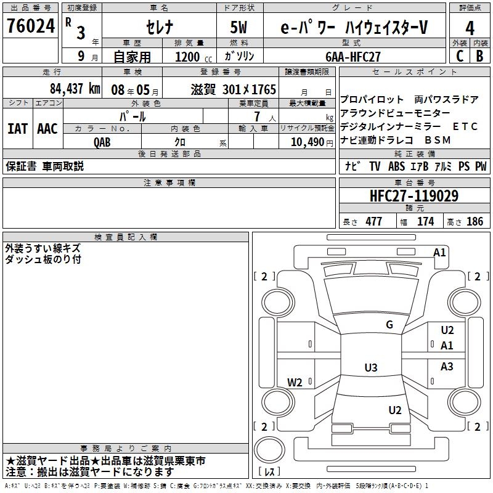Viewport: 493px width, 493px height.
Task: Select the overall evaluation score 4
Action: [470, 28]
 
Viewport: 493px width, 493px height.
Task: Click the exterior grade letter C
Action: [459, 55]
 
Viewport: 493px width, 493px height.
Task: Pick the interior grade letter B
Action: [480, 55]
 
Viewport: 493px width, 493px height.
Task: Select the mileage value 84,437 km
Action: [75, 89]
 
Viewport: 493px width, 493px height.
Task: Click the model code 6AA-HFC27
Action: [353, 56]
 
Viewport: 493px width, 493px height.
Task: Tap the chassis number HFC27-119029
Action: [414, 196]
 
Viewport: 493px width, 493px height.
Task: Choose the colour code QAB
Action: [102, 142]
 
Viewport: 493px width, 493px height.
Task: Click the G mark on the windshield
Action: [389, 325]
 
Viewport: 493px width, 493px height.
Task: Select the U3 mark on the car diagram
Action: [370, 368]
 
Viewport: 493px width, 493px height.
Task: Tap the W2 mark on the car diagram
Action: [295, 382]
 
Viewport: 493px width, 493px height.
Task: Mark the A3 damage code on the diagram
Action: [447, 367]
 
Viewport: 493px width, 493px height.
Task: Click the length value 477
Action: [373, 222]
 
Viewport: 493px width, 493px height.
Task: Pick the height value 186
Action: [475, 222]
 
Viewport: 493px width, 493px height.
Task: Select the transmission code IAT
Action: [17, 129]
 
